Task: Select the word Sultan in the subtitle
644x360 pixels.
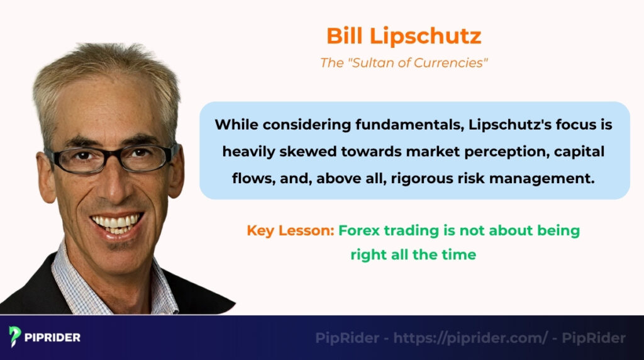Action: [x=382, y=64]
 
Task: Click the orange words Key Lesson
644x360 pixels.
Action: [x=290, y=230]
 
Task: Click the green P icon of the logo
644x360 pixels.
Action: [x=16, y=337]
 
